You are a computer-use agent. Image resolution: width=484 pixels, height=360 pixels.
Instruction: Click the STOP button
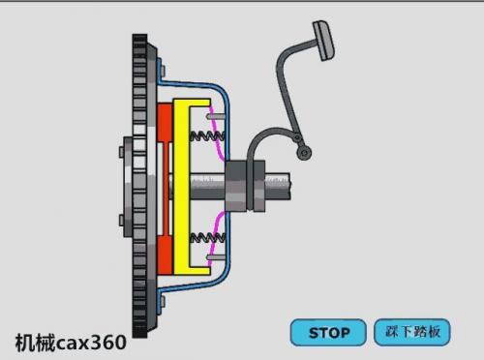328,332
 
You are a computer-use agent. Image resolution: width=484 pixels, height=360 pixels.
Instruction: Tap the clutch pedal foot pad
323,41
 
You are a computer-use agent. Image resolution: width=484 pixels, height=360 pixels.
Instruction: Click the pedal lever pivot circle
304,152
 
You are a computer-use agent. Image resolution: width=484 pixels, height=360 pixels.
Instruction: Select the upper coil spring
207,135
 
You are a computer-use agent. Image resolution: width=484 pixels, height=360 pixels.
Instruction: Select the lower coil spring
207,238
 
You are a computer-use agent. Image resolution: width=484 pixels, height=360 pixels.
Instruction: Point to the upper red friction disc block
165,123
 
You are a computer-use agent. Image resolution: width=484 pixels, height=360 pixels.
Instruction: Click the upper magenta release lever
216,133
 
